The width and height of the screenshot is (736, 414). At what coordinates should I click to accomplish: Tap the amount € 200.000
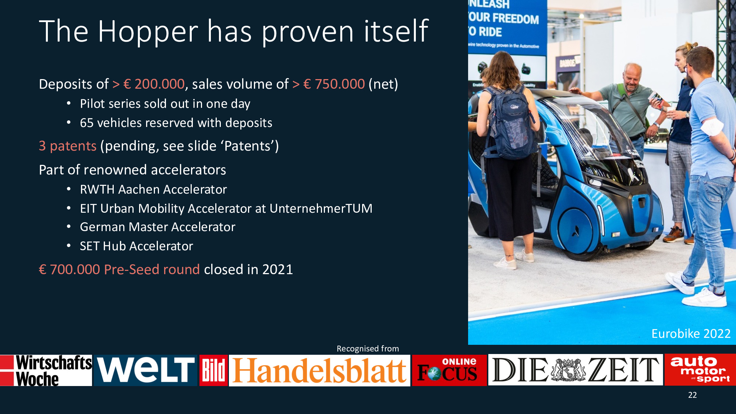(x=154, y=84)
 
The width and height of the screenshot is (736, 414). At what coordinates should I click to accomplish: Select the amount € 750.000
(x=334, y=84)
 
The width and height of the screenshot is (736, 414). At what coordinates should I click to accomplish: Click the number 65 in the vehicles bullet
(x=86, y=123)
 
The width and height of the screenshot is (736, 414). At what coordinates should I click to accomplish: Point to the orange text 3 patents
(x=68, y=146)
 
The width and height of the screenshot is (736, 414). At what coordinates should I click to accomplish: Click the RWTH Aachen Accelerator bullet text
(x=153, y=190)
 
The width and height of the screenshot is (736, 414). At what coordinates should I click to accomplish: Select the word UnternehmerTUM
(x=321, y=209)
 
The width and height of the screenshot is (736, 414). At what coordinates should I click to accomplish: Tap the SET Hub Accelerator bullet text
(x=136, y=246)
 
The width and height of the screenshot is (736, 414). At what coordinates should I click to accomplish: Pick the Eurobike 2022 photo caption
(x=691, y=334)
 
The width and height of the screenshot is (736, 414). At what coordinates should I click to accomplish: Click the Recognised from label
(x=368, y=348)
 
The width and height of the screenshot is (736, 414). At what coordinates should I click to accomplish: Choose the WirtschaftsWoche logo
(x=46, y=370)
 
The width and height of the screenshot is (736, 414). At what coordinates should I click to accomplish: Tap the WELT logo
(x=146, y=370)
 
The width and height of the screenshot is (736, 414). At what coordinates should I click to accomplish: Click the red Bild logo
(x=213, y=370)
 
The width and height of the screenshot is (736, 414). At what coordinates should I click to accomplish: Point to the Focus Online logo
(x=449, y=370)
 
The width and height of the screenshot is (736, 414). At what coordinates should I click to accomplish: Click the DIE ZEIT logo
(x=575, y=370)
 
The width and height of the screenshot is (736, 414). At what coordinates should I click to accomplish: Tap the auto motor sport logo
(x=700, y=369)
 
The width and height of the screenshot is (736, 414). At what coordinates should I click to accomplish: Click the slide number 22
(x=692, y=395)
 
